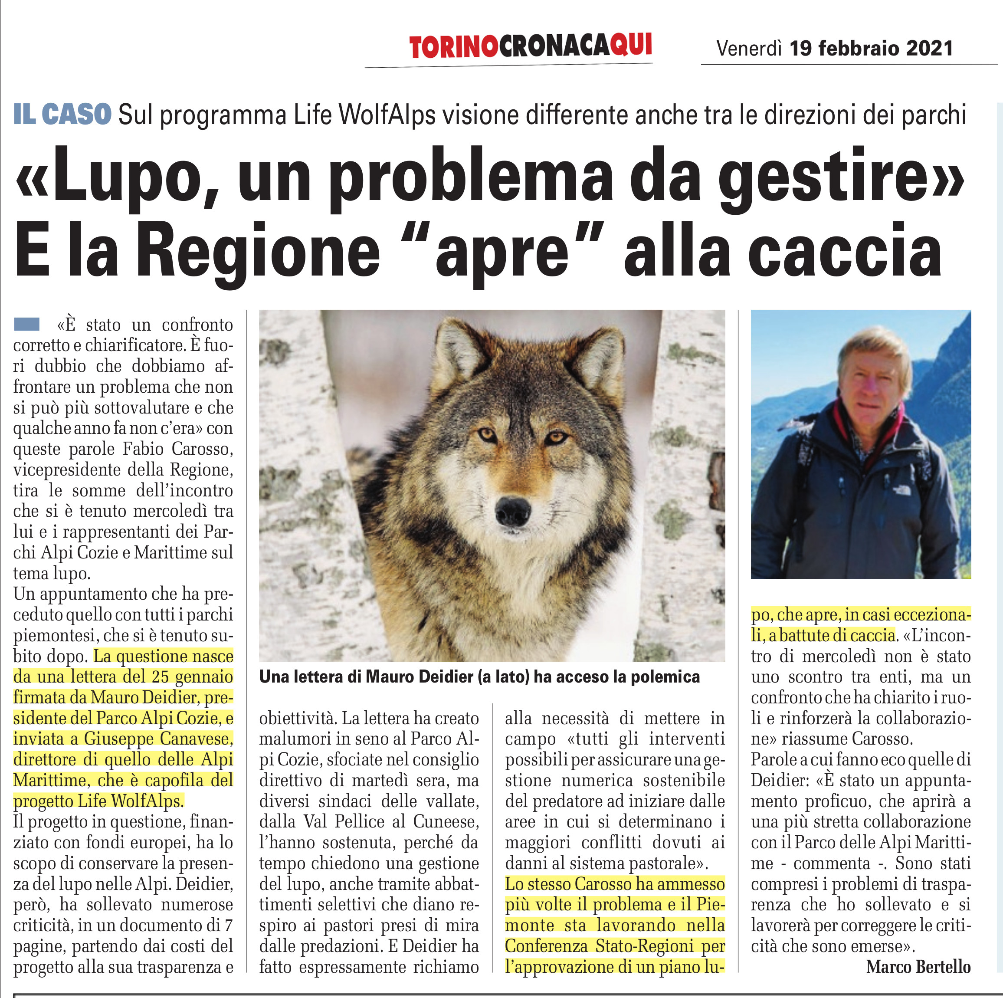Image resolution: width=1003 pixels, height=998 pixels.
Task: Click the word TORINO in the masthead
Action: (453, 47)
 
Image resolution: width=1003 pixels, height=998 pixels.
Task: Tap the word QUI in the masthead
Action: (630, 45)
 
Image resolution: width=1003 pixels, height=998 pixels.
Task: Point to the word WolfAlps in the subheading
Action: (387, 115)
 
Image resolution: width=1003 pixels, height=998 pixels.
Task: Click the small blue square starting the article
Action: (26, 324)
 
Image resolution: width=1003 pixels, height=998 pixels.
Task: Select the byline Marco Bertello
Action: (918, 967)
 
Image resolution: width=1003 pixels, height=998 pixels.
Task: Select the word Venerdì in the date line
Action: (749, 48)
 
